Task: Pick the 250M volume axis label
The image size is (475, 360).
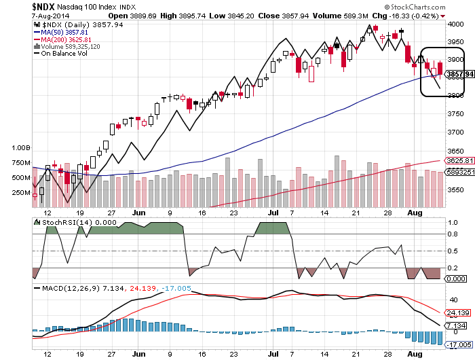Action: click(21, 193)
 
